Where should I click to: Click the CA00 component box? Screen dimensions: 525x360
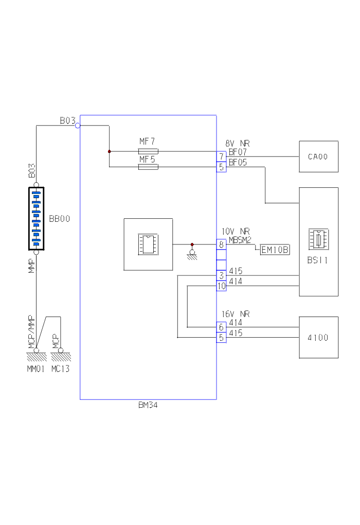click(x=318, y=156)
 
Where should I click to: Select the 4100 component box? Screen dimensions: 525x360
click(x=318, y=337)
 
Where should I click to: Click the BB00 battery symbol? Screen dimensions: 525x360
click(x=36, y=219)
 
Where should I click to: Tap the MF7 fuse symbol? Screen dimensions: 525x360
click(x=148, y=151)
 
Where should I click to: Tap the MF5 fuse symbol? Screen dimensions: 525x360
click(x=148, y=167)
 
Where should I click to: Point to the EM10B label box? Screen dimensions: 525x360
click(x=275, y=250)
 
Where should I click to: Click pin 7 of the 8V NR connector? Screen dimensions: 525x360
click(x=221, y=156)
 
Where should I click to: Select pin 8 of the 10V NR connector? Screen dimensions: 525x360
click(x=221, y=245)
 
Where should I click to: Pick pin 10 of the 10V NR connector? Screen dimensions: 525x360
click(x=221, y=286)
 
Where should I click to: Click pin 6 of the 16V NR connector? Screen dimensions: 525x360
click(x=221, y=327)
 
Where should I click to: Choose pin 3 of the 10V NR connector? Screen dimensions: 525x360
click(x=221, y=275)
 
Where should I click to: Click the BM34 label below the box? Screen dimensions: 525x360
click(x=148, y=405)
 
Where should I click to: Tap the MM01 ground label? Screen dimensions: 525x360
click(x=37, y=369)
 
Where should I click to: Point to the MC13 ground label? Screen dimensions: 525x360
click(x=60, y=369)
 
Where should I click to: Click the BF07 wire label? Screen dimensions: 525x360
click(x=238, y=152)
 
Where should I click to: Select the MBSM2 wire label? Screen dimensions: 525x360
click(x=240, y=240)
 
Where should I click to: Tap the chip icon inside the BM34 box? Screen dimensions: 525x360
click(x=148, y=244)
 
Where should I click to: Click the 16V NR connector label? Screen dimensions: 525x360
click(x=236, y=313)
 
